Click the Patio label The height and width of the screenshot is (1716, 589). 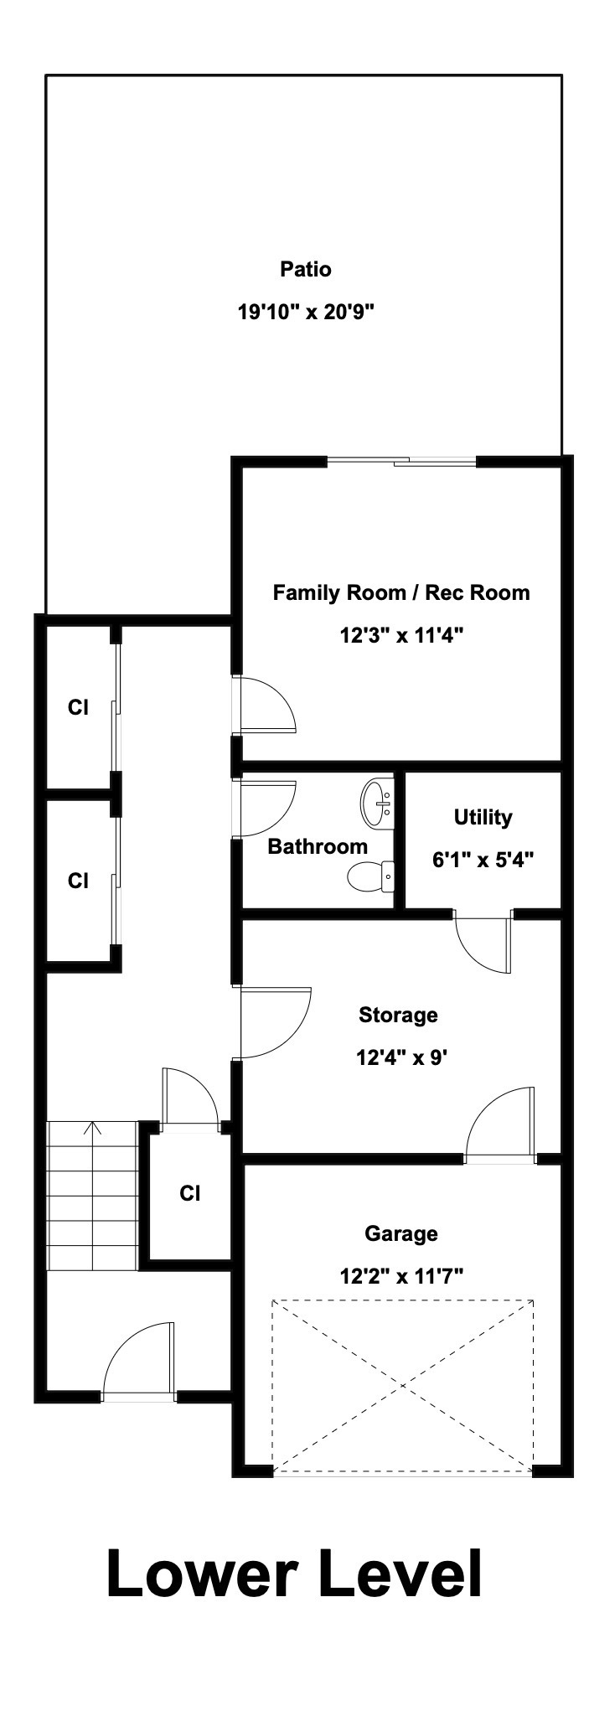click(305, 270)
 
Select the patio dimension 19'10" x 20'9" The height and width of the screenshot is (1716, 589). click(305, 313)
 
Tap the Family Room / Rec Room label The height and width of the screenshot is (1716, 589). click(401, 593)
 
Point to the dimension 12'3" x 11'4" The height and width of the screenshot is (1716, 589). click(401, 636)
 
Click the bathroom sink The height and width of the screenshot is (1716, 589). click(378, 803)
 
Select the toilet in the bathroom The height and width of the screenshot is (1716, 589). click(371, 876)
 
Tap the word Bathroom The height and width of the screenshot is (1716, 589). click(318, 846)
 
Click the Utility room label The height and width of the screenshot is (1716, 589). click(483, 817)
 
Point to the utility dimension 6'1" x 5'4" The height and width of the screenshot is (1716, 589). click(483, 860)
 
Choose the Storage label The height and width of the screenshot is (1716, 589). click(398, 1016)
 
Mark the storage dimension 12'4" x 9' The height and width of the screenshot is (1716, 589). click(398, 1058)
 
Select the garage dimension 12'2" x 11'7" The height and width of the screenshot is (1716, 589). click(401, 1277)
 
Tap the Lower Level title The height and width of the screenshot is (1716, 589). click(295, 1574)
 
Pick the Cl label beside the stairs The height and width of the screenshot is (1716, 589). click(190, 1193)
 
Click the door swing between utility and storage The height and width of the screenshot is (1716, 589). click(483, 942)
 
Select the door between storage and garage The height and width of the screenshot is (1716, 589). click(500, 1124)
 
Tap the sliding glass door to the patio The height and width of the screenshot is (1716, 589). click(401, 460)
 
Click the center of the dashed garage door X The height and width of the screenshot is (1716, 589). click(402, 1384)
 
